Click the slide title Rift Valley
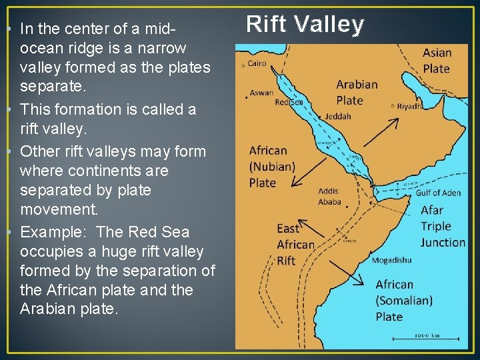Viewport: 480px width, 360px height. [x=305, y=25]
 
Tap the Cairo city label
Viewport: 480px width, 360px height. [x=257, y=64]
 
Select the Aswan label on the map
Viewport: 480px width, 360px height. [x=261, y=93]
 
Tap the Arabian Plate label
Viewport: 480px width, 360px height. [x=357, y=93]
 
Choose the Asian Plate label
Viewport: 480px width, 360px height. [x=437, y=60]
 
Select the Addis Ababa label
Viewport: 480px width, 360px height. [x=329, y=197]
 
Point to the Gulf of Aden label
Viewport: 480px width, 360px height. [x=437, y=193]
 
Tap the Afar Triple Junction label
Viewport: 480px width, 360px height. [x=442, y=227]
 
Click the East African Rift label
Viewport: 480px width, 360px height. [x=295, y=245]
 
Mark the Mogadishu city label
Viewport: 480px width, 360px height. [x=391, y=260]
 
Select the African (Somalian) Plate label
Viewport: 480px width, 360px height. [x=403, y=300]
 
